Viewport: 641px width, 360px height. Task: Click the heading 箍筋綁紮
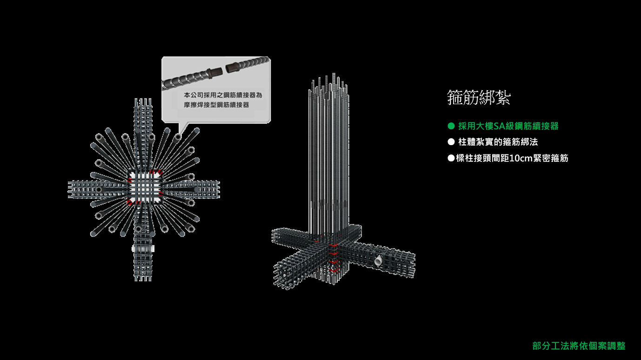click(479, 98)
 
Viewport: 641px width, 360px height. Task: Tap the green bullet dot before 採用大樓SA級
click(450, 126)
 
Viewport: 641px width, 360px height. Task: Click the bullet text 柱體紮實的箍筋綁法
click(498, 142)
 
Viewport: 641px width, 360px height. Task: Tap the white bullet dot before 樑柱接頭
click(450, 158)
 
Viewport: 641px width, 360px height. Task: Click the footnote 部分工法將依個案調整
click(579, 346)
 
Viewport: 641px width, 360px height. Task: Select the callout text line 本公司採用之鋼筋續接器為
click(223, 95)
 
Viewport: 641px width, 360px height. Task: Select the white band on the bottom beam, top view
click(144, 249)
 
